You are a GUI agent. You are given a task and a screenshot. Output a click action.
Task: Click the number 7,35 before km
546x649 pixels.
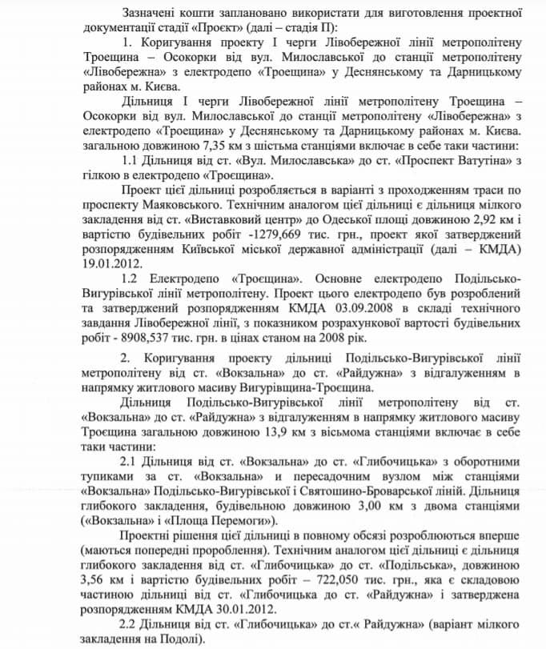250,146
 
